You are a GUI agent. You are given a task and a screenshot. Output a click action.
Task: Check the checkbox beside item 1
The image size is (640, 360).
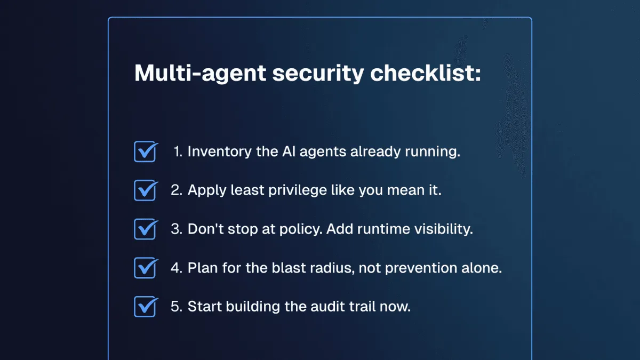[145, 151]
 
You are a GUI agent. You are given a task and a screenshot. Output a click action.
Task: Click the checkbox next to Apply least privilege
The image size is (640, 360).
[145, 190]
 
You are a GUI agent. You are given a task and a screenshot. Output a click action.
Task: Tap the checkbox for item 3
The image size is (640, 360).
[145, 229]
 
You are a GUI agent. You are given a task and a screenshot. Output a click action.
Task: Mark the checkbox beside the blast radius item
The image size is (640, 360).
[145, 268]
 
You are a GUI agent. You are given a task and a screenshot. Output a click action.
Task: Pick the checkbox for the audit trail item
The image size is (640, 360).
[145, 307]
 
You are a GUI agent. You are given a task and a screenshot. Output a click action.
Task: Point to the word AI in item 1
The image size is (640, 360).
[288, 151]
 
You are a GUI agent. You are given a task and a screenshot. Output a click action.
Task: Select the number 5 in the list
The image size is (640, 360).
[175, 307]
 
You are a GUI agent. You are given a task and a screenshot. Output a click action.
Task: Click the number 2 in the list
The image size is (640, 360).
[175, 190]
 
